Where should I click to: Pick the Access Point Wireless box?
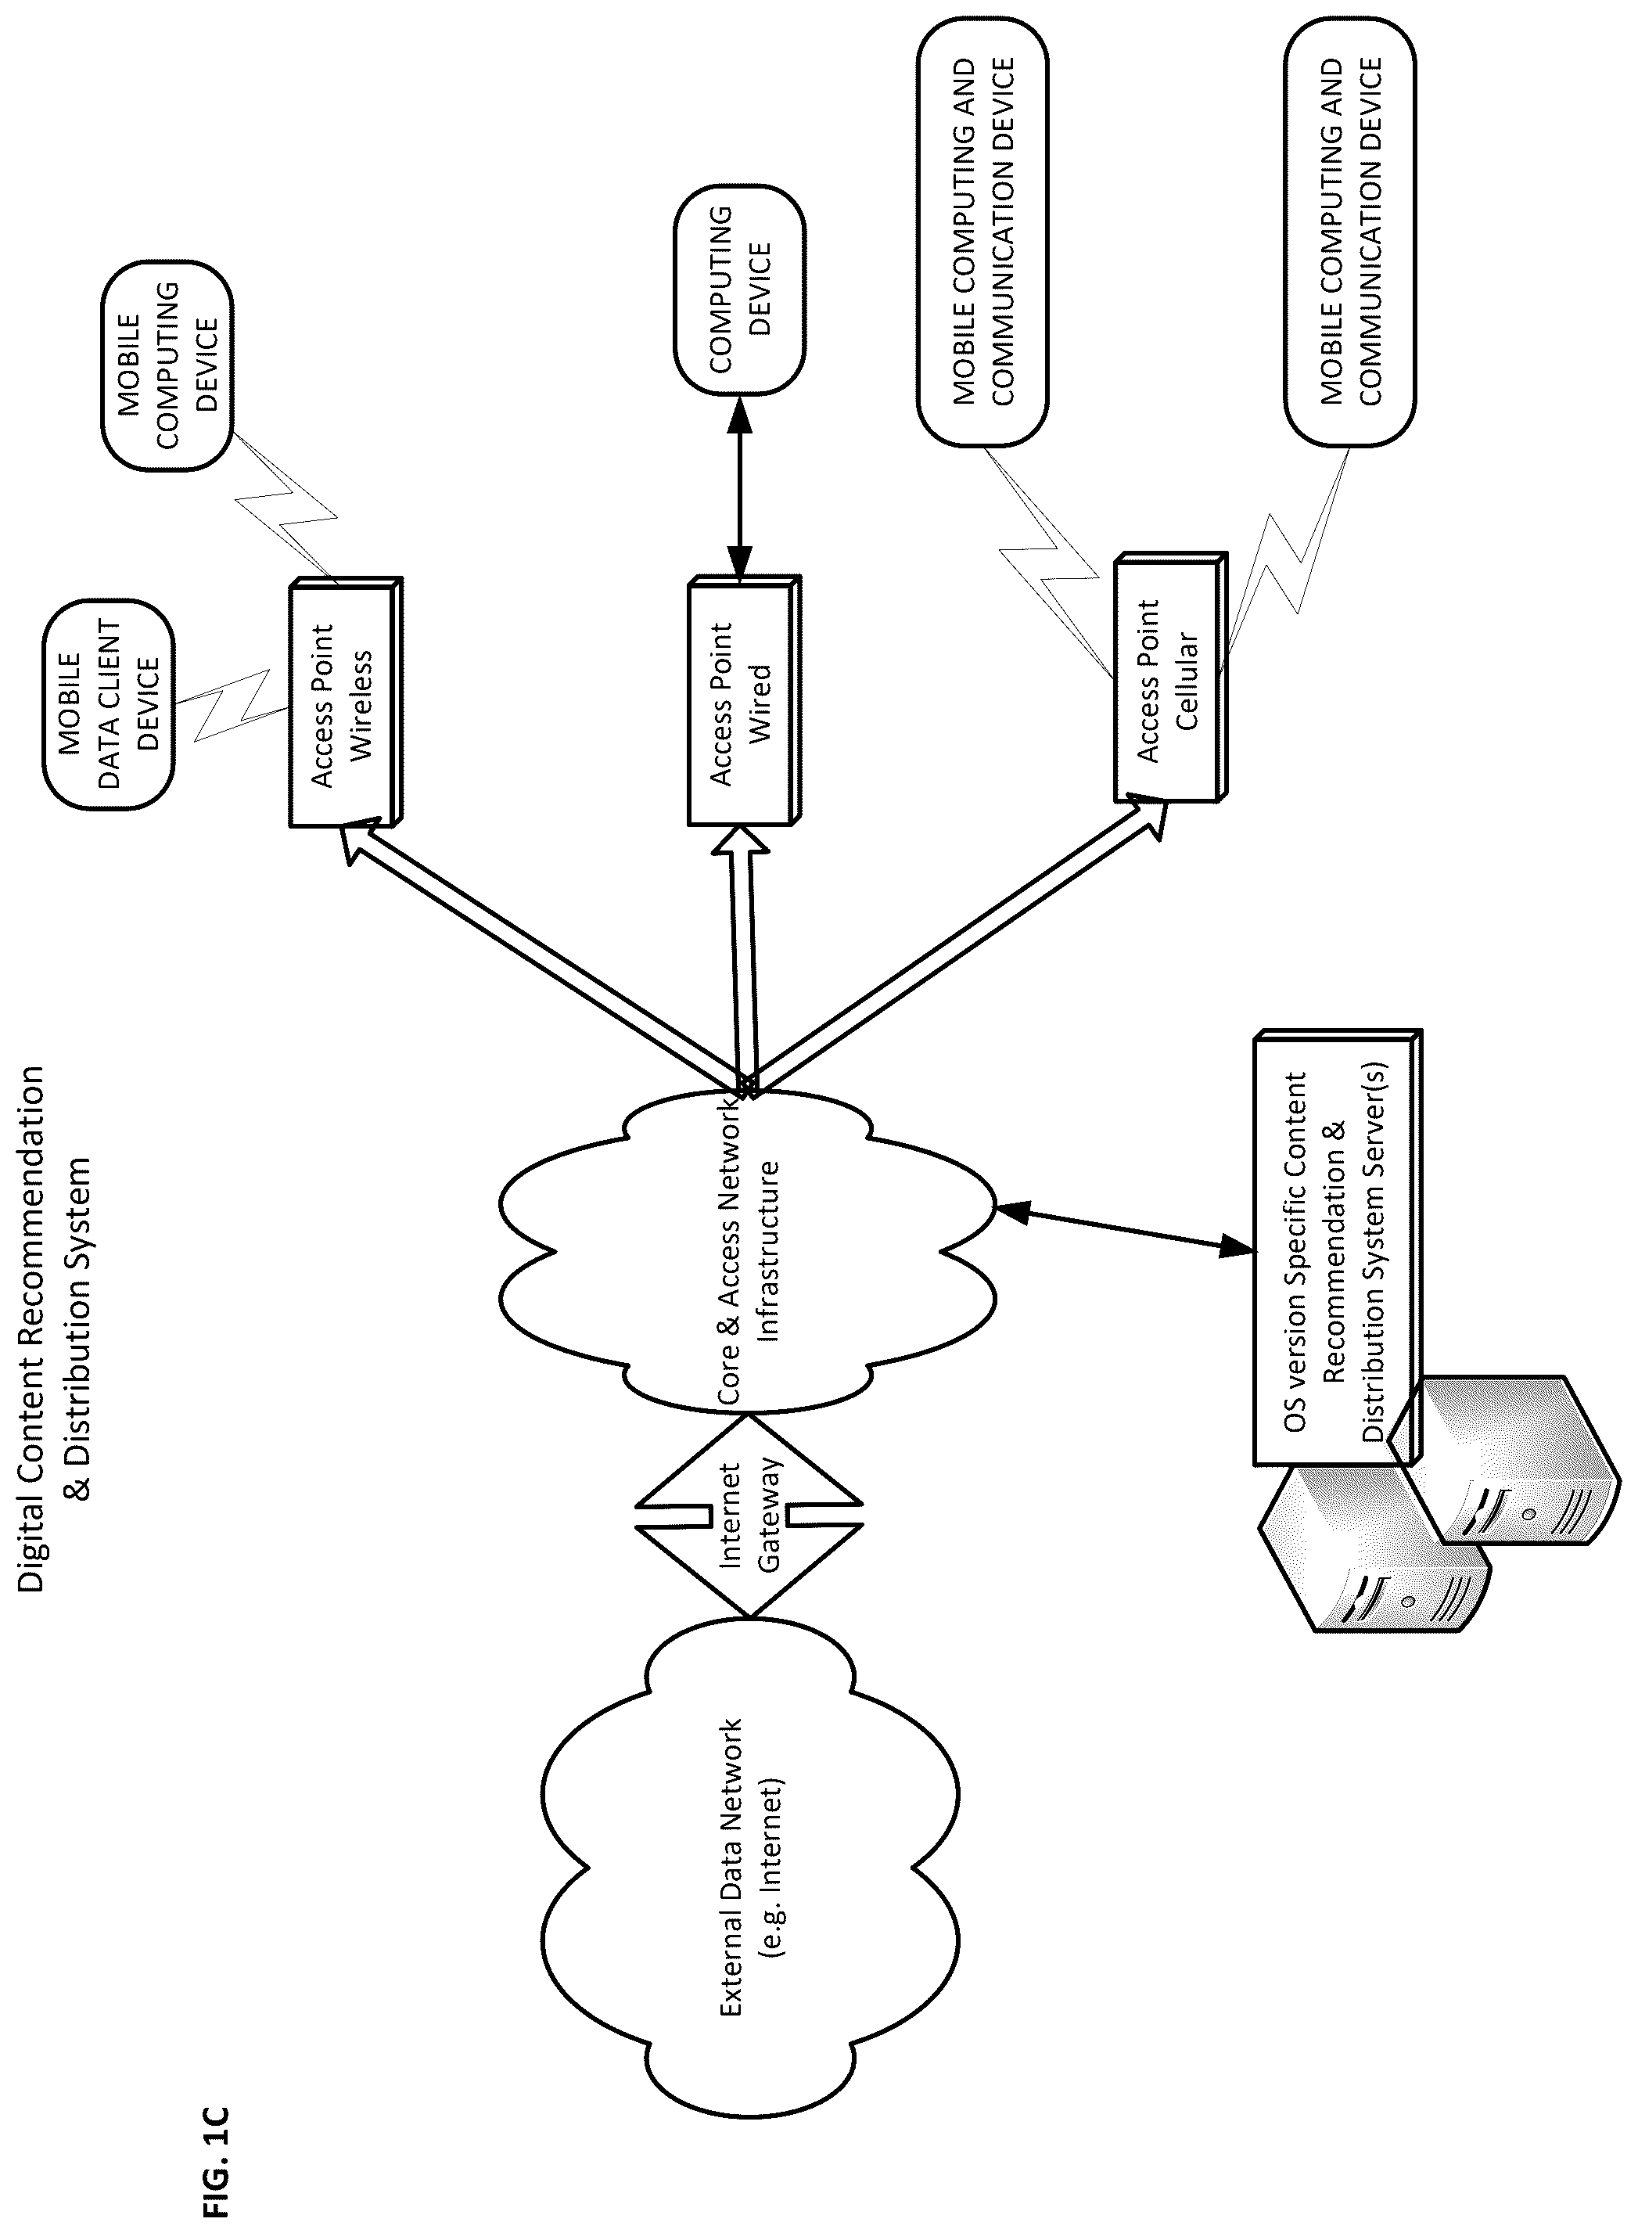345,701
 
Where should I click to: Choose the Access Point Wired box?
744,701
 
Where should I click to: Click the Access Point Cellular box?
1170,678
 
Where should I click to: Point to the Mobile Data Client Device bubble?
108,703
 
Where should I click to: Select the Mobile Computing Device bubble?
167,368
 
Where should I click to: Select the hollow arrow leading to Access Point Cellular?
953,946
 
